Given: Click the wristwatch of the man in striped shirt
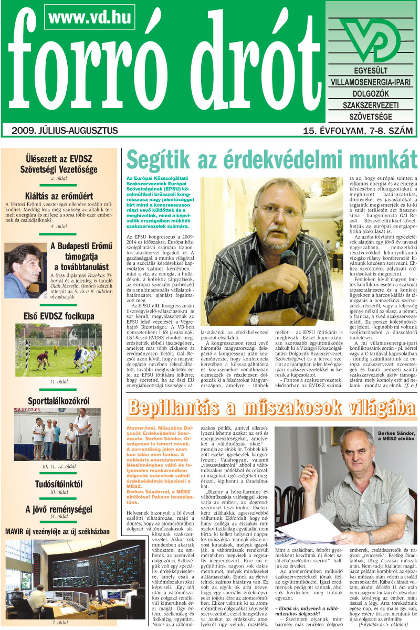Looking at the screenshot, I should [254, 318].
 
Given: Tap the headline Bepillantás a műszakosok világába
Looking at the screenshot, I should [269, 408].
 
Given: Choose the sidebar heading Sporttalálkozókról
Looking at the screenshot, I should [59, 402].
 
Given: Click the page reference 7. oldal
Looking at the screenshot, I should [60, 623].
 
